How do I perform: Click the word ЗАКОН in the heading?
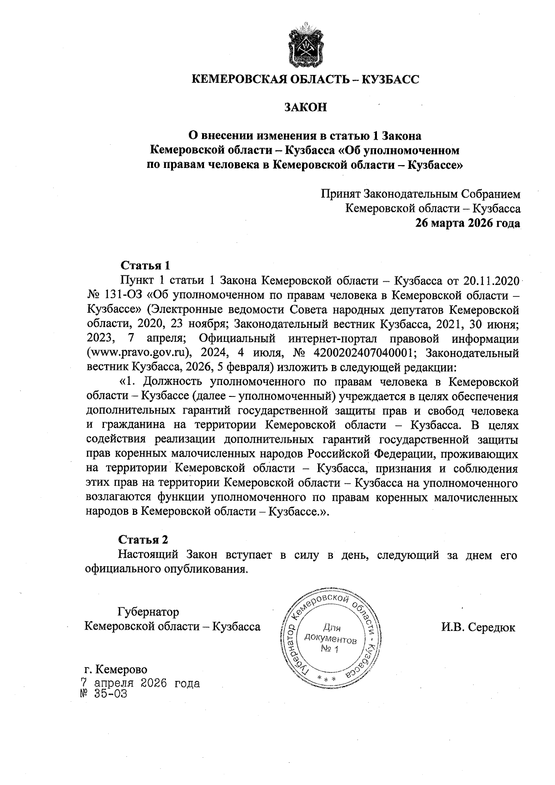tap(305, 107)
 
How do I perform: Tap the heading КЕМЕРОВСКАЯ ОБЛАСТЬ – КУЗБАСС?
tap(305, 80)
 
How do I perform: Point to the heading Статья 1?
tap(145, 266)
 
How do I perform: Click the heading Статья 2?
tap(143, 540)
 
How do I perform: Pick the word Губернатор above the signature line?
tap(148, 612)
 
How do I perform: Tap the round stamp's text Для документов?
tap(330, 634)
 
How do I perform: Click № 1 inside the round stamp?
tap(330, 650)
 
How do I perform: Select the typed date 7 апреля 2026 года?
tap(140, 683)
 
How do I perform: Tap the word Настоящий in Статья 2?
tap(148, 555)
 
